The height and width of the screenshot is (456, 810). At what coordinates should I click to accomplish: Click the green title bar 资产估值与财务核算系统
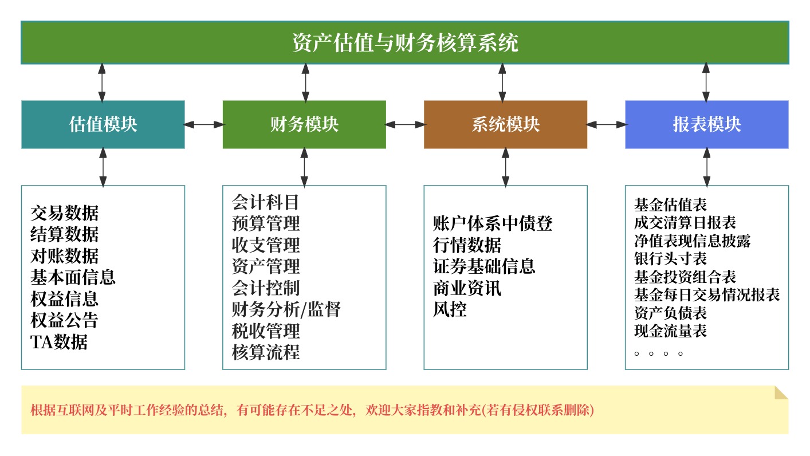[x=404, y=43]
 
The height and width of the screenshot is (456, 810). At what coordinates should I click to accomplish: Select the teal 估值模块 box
[x=103, y=124]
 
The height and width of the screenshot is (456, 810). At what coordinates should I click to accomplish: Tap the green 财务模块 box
[x=304, y=124]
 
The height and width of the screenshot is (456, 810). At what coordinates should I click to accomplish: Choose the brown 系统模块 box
[x=505, y=124]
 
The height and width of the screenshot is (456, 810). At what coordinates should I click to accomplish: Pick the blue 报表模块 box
[x=706, y=124]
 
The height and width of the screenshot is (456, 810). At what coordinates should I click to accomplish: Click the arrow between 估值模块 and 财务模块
[x=203, y=124]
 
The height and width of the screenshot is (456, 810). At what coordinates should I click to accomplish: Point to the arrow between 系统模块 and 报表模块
[x=606, y=124]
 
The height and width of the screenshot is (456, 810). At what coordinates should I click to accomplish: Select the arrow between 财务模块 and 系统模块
[x=405, y=124]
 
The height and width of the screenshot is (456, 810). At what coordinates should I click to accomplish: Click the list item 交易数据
[x=64, y=213]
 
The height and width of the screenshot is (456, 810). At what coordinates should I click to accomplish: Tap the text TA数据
[x=59, y=342]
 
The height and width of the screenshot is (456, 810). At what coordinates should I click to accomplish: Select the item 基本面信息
[x=73, y=277]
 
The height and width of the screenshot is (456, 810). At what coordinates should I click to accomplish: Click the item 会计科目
[x=265, y=202]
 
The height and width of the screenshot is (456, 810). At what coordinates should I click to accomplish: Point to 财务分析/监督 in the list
[x=286, y=309]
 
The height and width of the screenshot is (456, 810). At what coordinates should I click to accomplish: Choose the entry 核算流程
[x=265, y=352]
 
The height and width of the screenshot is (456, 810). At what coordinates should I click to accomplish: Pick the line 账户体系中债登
[x=493, y=223]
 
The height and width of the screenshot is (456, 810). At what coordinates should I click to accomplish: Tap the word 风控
[x=450, y=309]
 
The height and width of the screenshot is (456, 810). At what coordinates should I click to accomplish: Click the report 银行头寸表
[x=670, y=259]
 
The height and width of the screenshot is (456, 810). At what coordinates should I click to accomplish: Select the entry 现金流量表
[x=670, y=331]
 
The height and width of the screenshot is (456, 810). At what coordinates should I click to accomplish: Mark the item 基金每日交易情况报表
[x=707, y=295]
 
